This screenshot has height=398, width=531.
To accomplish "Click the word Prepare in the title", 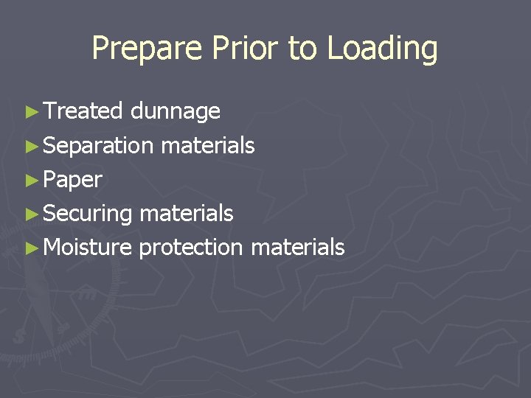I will pyautogui.click(x=147, y=49).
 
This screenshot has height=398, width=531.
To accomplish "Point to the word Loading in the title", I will pyautogui.click(x=382, y=49).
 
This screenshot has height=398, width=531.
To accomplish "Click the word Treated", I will pyautogui.click(x=83, y=111).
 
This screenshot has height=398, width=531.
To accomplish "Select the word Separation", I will pyautogui.click(x=98, y=146).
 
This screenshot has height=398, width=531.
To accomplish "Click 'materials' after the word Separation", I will pyautogui.click(x=207, y=146).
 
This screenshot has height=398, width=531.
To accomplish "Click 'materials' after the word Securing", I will pyautogui.click(x=186, y=214).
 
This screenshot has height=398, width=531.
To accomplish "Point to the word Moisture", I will pyautogui.click(x=88, y=247).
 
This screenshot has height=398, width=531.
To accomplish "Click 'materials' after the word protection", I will pyautogui.click(x=297, y=247).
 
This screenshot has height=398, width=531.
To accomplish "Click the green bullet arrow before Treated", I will pyautogui.click(x=30, y=112).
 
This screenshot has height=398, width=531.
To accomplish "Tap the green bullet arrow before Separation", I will pyautogui.click(x=30, y=146).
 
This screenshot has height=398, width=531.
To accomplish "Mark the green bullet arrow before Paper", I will pyautogui.click(x=30, y=180).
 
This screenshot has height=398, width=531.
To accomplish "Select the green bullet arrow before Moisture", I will pyautogui.click(x=30, y=248).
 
